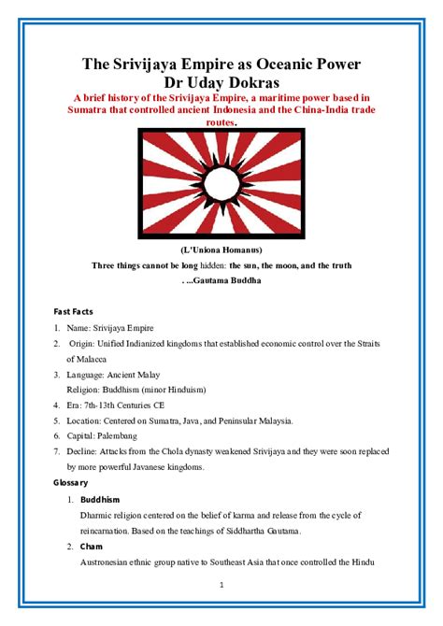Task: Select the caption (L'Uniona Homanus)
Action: [221, 250]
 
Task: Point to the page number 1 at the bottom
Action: [221, 586]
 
